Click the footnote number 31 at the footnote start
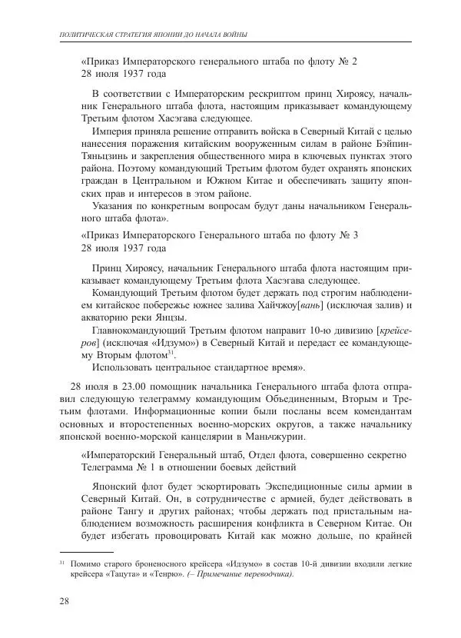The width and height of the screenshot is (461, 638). (x=63, y=563)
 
